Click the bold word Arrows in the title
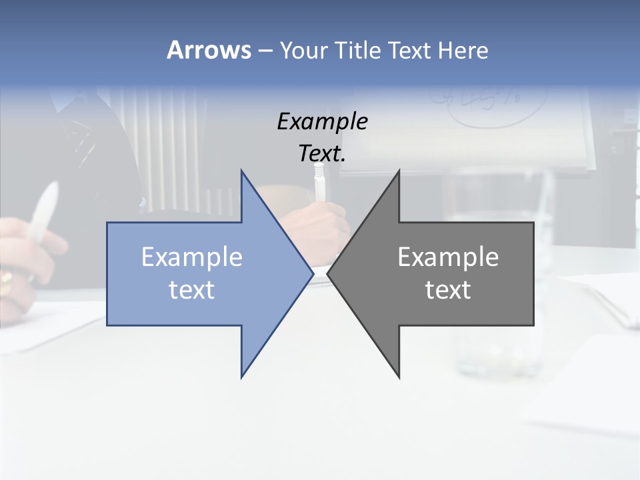[x=209, y=50]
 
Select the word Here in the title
[x=463, y=51]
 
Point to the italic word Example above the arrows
[x=322, y=122]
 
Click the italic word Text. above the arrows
[x=322, y=153]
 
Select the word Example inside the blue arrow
[x=192, y=257]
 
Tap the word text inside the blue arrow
[x=192, y=289]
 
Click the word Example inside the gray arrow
[x=448, y=257]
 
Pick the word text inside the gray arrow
[x=448, y=289]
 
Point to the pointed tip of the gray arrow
[x=328, y=273]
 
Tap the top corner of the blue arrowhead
[x=242, y=171]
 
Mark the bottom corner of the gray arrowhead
[x=399, y=377]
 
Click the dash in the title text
[x=265, y=51]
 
